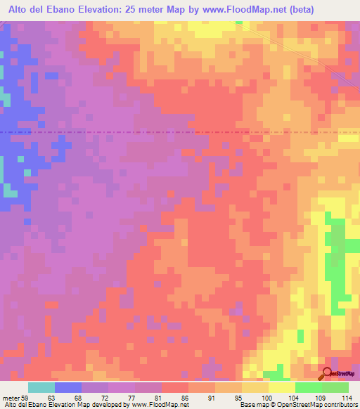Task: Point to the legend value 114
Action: pyautogui.click(x=345, y=398)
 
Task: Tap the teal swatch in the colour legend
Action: pyautogui.click(x=41, y=388)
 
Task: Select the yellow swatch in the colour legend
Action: pyautogui.click(x=281, y=388)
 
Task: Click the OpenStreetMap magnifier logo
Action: pyautogui.click(x=328, y=375)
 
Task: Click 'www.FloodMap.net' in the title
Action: pyautogui.click(x=229, y=8)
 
